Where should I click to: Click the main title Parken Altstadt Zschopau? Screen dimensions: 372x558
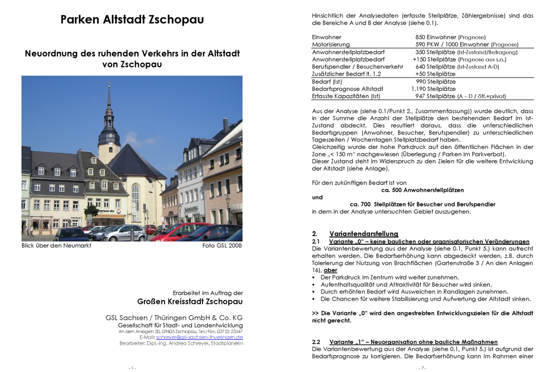point(132,20)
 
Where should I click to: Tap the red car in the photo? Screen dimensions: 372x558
point(181,231)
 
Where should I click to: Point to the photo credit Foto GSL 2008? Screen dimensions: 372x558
point(222,245)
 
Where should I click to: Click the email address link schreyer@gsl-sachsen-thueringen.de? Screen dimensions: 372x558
point(199,337)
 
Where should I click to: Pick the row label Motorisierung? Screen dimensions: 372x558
point(331,45)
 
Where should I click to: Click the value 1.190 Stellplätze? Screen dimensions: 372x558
point(433,89)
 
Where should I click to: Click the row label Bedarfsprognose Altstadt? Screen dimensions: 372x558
point(348,89)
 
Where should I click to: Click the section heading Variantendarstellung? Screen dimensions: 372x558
point(364,233)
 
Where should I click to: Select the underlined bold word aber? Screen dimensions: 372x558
point(330,270)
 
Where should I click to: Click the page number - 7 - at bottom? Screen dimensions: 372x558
point(422,368)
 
